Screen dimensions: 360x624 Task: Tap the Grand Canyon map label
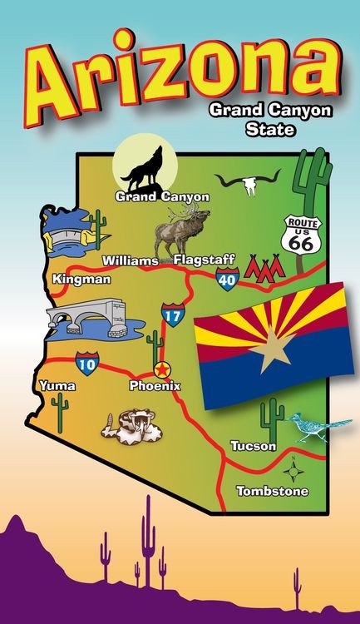(162, 197)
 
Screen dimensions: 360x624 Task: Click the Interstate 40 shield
(228, 280)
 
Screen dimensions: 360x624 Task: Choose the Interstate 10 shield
(86, 362)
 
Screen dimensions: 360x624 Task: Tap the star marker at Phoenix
(162, 369)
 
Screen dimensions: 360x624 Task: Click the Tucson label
(253, 446)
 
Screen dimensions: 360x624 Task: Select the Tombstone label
(273, 491)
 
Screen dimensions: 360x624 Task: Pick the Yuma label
(57, 386)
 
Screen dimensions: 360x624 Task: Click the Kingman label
(81, 280)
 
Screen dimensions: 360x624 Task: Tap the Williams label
(131, 261)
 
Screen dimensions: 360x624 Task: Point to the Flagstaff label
(205, 260)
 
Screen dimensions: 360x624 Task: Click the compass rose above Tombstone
(293, 471)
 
